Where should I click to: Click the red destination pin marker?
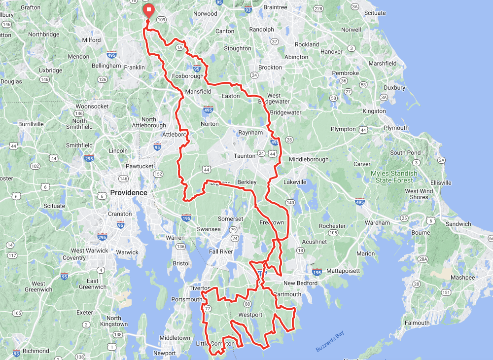[x=148, y=10]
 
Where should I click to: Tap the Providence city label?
[x=128, y=192]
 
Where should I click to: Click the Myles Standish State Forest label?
[x=394, y=177]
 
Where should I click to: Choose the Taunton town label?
[x=245, y=156]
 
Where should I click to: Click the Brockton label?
[x=270, y=67]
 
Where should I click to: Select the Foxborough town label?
[x=187, y=76]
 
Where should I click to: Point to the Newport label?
[x=164, y=353]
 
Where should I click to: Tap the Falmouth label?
[x=417, y=323]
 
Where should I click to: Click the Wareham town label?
[x=377, y=222]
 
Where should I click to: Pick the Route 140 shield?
[x=290, y=203]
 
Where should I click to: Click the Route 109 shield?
[x=161, y=20]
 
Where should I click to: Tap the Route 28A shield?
[x=422, y=259]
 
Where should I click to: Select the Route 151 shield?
[x=446, y=292]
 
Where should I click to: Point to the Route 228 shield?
[x=318, y=8]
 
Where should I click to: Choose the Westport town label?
[x=250, y=315]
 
